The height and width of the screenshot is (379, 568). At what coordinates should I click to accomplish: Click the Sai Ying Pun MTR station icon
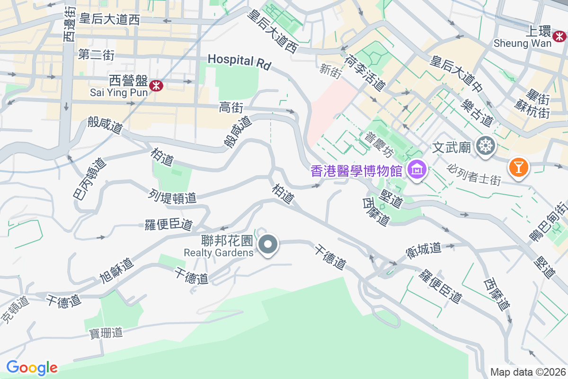point(156,85)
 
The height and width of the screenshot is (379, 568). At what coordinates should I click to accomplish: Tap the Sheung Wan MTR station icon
point(559,36)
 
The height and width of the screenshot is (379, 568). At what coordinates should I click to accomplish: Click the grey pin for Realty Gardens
point(268,245)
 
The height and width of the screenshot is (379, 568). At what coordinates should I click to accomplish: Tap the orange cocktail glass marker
point(518,168)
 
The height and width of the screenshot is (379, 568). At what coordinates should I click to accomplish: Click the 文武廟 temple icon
point(485,145)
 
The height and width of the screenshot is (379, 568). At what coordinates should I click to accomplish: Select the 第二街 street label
point(97,54)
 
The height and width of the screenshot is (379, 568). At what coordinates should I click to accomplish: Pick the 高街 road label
point(231,108)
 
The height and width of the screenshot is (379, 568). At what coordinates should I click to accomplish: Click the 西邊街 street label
point(69,23)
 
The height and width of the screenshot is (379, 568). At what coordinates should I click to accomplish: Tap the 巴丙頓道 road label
point(89,178)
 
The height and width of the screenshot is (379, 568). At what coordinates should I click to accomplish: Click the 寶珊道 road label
point(106,334)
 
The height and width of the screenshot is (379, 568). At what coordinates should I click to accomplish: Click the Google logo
point(32,368)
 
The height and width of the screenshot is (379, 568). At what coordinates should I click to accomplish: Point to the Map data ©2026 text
point(528,372)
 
